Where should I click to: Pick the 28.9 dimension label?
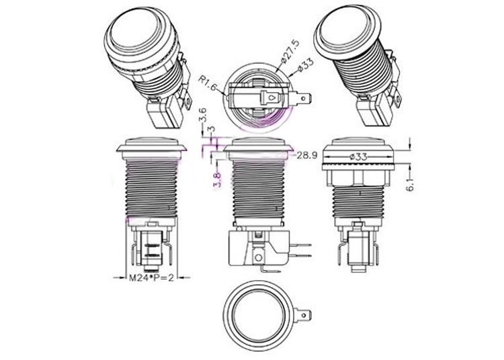[307, 155]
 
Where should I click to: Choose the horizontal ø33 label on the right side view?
[356, 156]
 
